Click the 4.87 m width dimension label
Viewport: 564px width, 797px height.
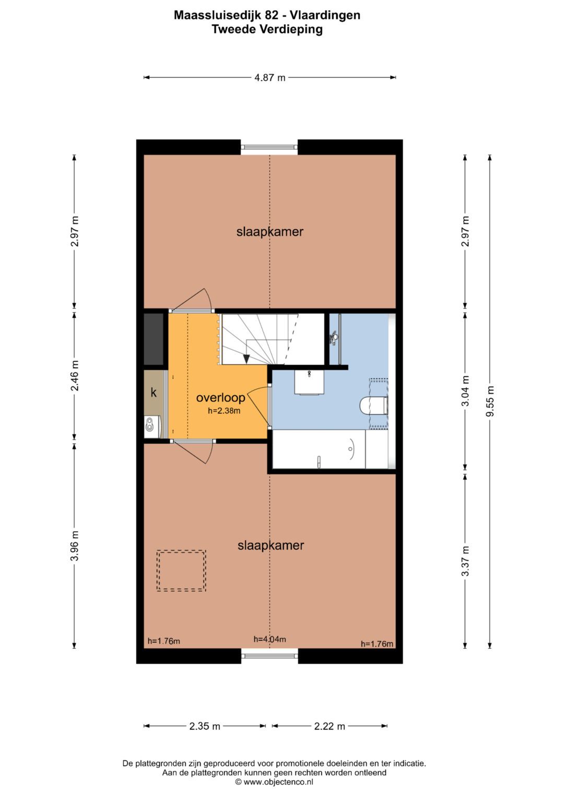[x=270, y=78]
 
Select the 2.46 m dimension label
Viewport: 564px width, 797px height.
[x=74, y=375]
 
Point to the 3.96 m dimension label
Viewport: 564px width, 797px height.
[x=74, y=545]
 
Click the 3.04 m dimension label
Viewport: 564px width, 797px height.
[x=465, y=391]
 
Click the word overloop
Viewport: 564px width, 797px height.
[x=221, y=397]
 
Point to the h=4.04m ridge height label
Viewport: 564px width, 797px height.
[x=269, y=639]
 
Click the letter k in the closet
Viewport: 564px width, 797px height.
[x=154, y=392]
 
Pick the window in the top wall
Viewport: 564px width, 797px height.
[x=269, y=147]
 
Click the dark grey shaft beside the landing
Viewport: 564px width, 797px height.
[x=154, y=339]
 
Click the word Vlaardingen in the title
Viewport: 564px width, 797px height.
[x=325, y=15]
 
